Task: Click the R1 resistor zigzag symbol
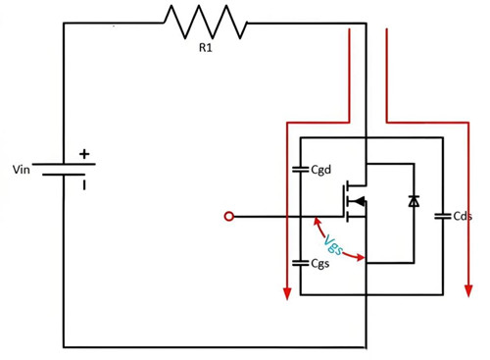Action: [205, 23]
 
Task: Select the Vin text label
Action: [21, 170]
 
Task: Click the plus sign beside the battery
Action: [84, 153]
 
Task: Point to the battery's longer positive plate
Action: [64, 165]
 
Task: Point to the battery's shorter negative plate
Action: [64, 177]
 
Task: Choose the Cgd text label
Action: [322, 170]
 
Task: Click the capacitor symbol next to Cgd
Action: [300, 169]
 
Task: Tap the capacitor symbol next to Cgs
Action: [300, 263]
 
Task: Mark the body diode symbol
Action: [414, 202]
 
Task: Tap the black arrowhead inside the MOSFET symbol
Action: [359, 202]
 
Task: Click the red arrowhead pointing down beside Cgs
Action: [285, 292]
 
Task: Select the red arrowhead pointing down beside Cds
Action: [465, 292]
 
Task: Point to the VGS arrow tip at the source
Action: [364, 259]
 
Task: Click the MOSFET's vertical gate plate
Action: [343, 201]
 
